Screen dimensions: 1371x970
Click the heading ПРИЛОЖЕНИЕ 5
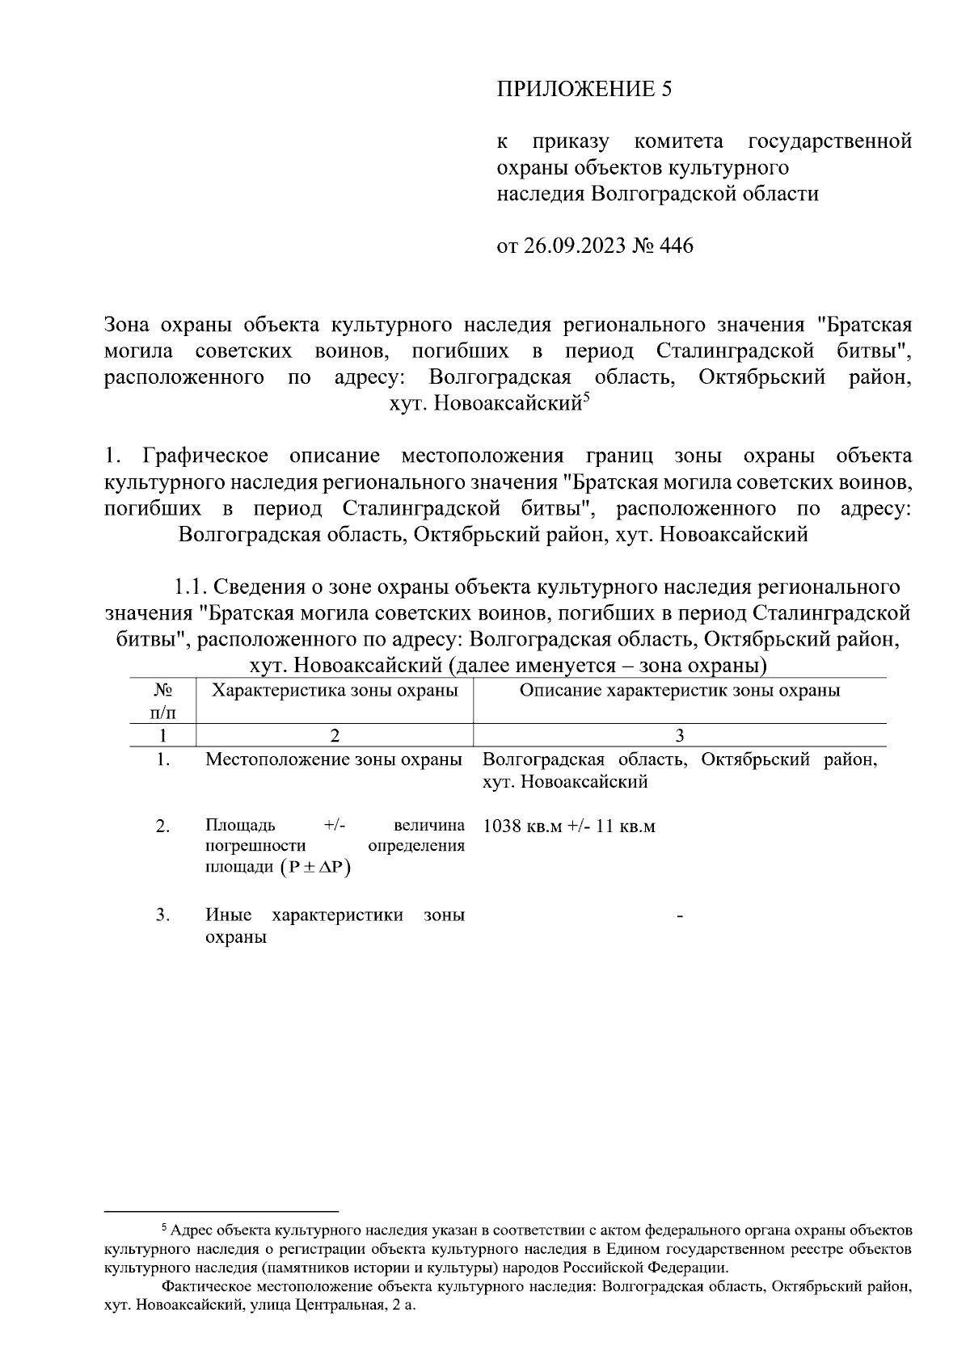point(584,89)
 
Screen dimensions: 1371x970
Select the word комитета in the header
point(679,142)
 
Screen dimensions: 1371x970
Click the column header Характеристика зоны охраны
point(335,690)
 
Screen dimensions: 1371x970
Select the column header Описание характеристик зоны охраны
point(679,690)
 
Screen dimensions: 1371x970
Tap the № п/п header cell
point(163,700)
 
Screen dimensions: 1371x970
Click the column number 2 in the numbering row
point(335,735)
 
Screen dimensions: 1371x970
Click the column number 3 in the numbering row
point(679,735)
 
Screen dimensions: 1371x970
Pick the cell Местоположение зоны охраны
point(334,759)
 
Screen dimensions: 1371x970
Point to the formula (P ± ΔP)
point(320,868)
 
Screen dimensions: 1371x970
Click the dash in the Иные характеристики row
point(679,916)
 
